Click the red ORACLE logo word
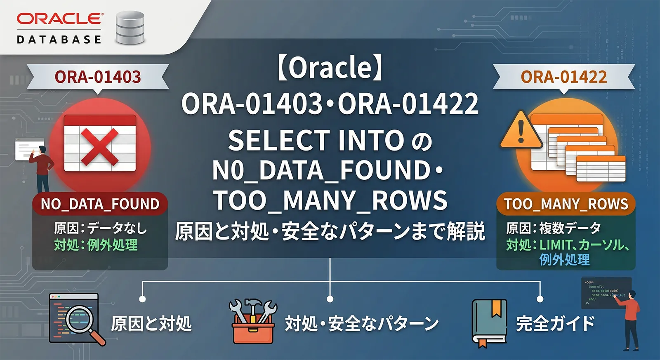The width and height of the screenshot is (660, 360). [60, 19]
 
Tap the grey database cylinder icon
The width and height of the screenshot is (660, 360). [130, 28]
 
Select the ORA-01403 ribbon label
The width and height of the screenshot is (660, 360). [98, 77]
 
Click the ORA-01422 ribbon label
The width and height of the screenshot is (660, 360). [563, 77]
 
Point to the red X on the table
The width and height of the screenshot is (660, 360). [100, 146]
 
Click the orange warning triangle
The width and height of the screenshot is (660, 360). [521, 131]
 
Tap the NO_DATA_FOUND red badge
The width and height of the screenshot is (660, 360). [100, 204]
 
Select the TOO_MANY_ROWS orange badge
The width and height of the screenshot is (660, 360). [566, 204]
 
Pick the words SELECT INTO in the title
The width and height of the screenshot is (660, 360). [316, 140]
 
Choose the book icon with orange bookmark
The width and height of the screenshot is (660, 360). [489, 323]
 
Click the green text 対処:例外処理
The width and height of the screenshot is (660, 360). [96, 245]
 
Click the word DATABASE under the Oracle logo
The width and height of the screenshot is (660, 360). [59, 40]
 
